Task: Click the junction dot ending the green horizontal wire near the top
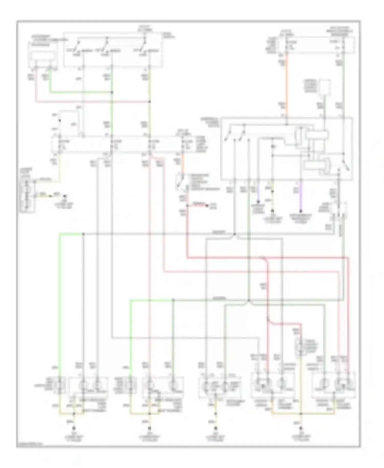[112, 92]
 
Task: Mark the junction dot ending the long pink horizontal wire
[150, 102]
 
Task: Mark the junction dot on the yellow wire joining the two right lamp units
[301, 413]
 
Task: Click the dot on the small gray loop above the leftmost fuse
[60, 120]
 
